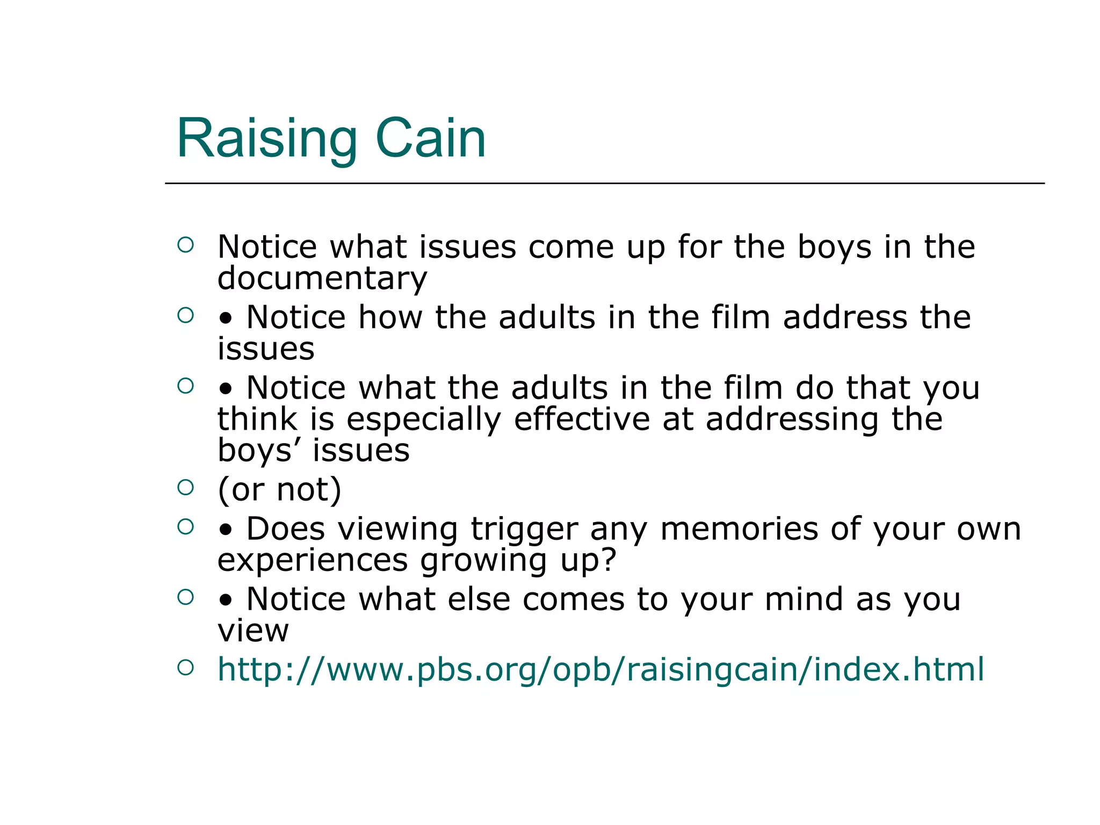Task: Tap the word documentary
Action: (322, 278)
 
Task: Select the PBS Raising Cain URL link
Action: (600, 669)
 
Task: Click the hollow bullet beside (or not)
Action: (185, 487)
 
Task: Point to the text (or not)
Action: (279, 489)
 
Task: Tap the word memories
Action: (739, 529)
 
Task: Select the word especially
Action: (423, 419)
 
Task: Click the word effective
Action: (582, 419)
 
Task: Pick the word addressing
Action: (792, 419)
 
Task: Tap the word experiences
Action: (313, 560)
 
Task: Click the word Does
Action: (286, 529)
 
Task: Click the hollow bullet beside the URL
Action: (185, 668)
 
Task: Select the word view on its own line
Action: (253, 631)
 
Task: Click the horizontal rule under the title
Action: (604, 184)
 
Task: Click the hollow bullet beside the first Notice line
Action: (185, 245)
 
